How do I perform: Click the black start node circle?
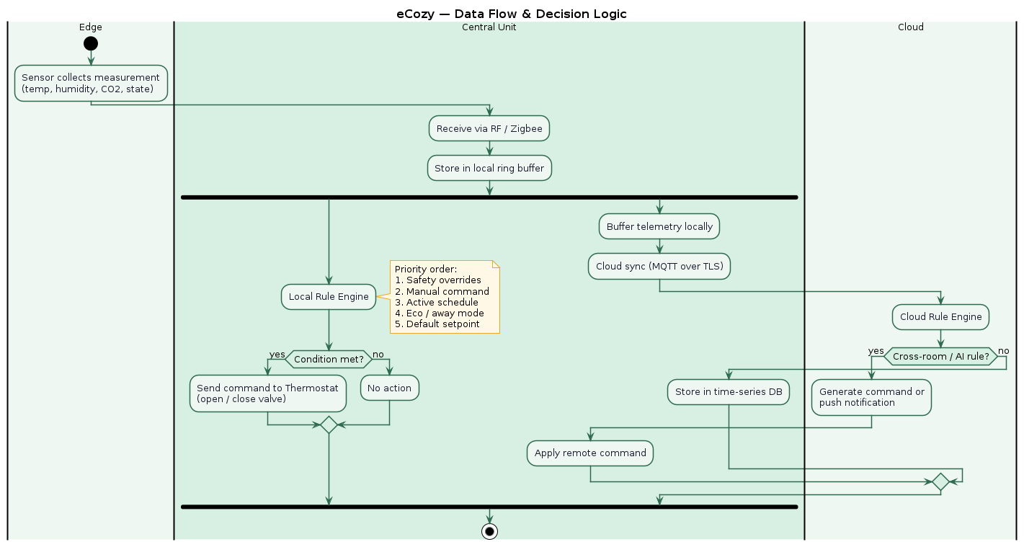pos(90,43)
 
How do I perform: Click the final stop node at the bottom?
pos(489,532)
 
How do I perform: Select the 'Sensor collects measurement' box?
pos(91,83)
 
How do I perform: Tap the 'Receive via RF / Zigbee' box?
pos(489,129)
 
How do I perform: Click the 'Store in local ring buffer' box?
pos(489,168)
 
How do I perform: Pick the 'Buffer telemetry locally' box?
pos(659,226)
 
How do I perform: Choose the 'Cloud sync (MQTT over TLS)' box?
pos(659,266)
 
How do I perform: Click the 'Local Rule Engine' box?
pos(329,296)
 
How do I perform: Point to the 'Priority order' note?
pos(444,297)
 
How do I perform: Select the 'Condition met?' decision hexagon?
pos(329,359)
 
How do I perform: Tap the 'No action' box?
pos(389,388)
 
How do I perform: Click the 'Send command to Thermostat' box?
pos(267,393)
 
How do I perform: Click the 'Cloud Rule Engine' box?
pos(940,316)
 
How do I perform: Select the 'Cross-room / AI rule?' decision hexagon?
pos(940,356)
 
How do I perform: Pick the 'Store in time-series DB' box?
pos(729,392)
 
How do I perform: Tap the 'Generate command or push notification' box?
pos(871,397)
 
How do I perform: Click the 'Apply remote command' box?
pos(590,453)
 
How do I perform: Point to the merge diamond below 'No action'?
pos(329,424)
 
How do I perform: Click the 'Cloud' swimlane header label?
pos(910,27)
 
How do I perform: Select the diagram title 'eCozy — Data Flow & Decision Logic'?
pos(512,14)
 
